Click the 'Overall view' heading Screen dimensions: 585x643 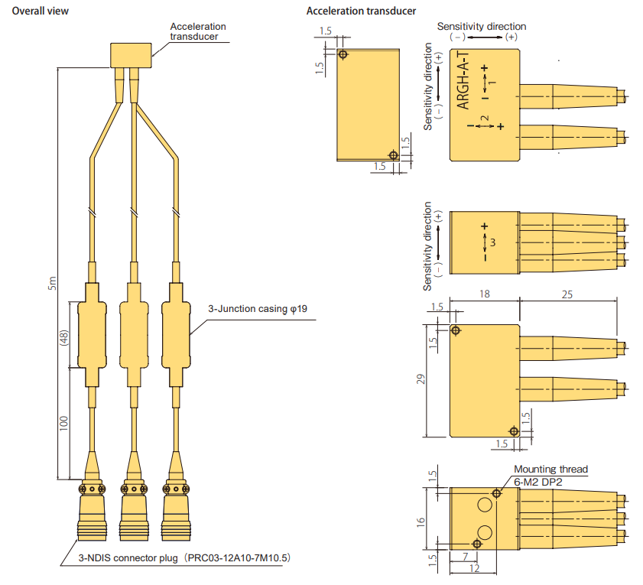tap(40, 11)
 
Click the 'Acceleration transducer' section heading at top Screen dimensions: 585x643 tap(361, 11)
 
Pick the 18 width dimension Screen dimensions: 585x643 tap(483, 294)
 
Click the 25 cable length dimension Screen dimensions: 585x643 tap(567, 294)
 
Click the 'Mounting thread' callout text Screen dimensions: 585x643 tap(550, 469)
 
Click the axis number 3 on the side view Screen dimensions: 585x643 tap(494, 242)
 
